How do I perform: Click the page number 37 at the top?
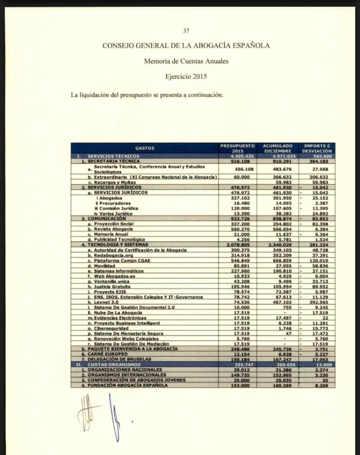tap(186, 31)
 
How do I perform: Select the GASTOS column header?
tap(145, 148)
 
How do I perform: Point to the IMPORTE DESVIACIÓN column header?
tap(317, 148)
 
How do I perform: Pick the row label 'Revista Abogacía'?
tap(111, 229)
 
